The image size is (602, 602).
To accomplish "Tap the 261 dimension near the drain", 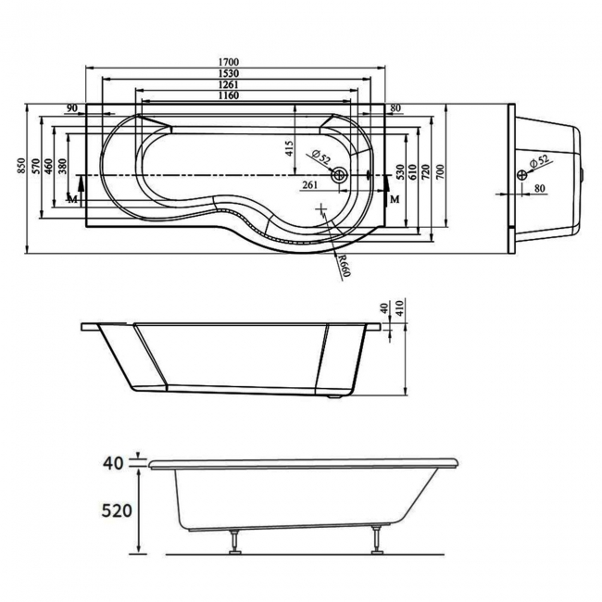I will tap(310, 185).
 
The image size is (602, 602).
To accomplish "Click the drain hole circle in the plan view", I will tap(341, 174).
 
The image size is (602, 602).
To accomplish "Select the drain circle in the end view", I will tap(522, 174).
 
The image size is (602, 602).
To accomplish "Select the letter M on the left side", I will tap(73, 199).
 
